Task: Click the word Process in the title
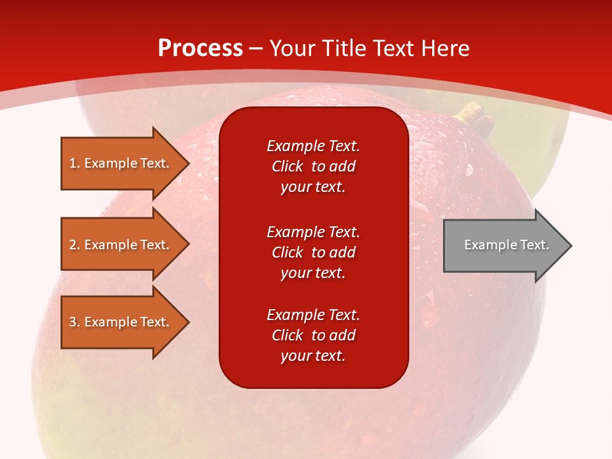(x=200, y=48)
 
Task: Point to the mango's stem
(x=474, y=116)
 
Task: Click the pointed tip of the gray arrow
(x=570, y=245)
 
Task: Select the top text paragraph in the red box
(x=313, y=166)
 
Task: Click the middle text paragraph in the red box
(x=313, y=252)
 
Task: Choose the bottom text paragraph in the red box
(x=313, y=335)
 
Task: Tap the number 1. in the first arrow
(x=75, y=163)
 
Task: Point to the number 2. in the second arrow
(x=75, y=245)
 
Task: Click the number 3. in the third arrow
(x=75, y=322)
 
